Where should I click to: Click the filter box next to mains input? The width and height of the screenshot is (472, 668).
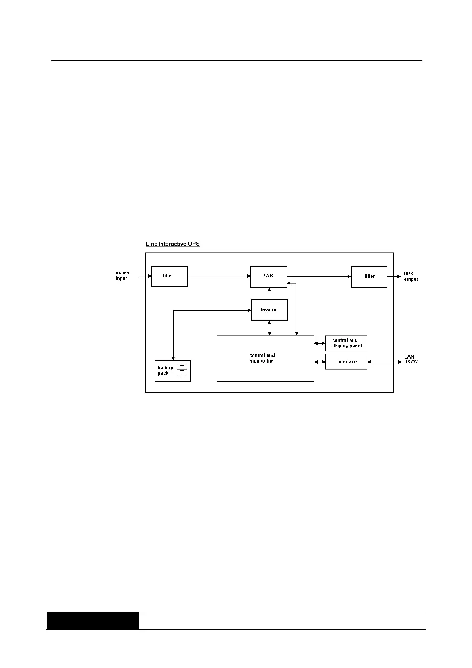[169, 276]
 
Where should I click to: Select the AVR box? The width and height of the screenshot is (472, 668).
[268, 276]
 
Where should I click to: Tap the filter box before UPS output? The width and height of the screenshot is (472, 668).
[369, 276]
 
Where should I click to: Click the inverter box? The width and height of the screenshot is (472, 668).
[269, 310]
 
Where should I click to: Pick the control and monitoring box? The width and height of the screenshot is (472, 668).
[265, 358]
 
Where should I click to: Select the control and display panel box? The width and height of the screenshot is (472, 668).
[346, 343]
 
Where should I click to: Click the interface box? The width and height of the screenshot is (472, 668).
[346, 362]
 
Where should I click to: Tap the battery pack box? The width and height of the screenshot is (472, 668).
[172, 370]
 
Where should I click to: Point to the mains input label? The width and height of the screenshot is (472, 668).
[122, 276]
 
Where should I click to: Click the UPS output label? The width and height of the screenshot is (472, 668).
[410, 276]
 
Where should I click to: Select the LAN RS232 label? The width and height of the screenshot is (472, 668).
[410, 359]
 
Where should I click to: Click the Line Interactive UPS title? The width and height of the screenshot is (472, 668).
[172, 244]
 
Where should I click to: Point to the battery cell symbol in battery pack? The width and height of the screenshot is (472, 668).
[182, 370]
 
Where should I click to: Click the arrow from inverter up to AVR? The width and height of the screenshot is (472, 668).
[269, 293]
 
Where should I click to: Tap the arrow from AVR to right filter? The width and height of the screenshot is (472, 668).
[319, 276]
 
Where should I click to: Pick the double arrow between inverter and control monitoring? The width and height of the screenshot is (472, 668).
[269, 328]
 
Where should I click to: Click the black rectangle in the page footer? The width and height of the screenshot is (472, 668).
[93, 620]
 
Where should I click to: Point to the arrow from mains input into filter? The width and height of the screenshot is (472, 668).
[145, 276]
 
